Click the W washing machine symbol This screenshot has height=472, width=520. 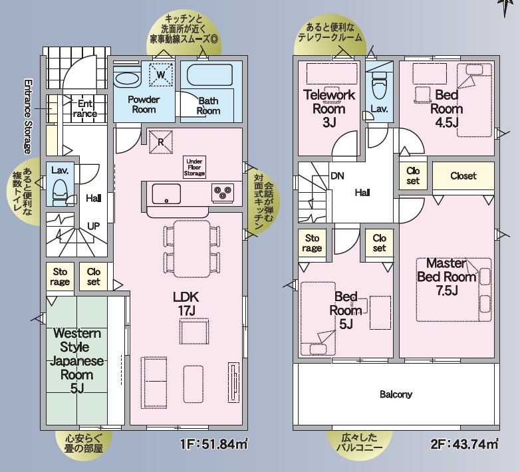point(160,74)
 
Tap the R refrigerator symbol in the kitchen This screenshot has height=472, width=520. point(161,142)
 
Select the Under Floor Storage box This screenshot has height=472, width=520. point(194,168)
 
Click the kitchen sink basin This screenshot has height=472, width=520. point(166,194)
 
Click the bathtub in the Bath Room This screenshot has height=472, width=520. point(209,76)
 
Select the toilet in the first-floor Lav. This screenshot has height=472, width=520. point(61,193)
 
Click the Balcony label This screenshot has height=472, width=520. point(396,394)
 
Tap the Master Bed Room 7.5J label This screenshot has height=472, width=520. point(446,277)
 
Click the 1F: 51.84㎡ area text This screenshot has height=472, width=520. point(214,444)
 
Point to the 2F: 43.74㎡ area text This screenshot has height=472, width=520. point(464,444)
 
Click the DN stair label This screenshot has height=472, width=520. point(338,176)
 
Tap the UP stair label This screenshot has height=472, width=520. point(94,226)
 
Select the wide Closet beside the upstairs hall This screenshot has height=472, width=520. point(463,176)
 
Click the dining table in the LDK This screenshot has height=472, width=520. point(192,249)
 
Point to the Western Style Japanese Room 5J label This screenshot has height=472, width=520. point(77,360)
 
